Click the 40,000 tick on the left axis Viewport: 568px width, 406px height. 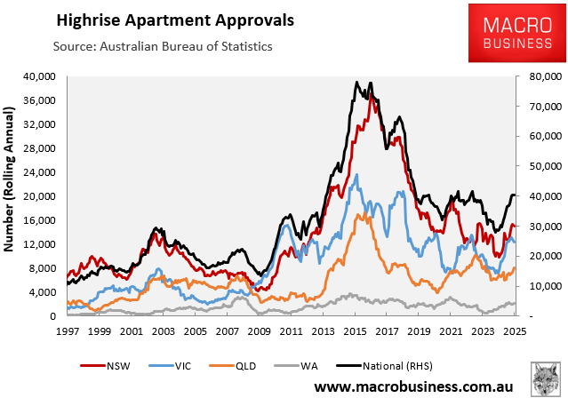pos(41,76)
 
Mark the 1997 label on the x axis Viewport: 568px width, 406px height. pos(68,331)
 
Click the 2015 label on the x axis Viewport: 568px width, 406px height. pos(355,331)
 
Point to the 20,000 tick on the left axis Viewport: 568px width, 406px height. pos(41,196)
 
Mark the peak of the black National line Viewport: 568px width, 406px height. pos(356,82)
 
